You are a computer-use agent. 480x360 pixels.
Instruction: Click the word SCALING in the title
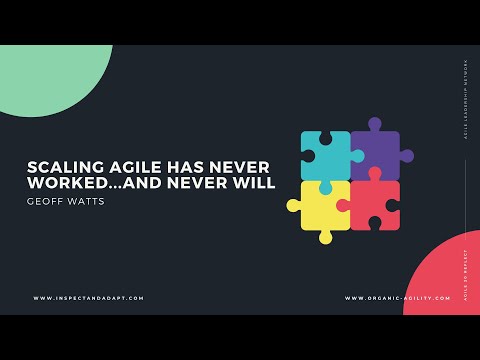61,167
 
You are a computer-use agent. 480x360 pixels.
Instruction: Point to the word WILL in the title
255,184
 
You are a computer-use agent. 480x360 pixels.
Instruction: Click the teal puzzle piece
326,155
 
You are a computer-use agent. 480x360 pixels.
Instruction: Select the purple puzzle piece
375,155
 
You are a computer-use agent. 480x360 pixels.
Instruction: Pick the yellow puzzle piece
326,206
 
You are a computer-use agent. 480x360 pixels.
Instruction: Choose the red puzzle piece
375,206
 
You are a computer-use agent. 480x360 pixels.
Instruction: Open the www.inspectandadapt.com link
88,298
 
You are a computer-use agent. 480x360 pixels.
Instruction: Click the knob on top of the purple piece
375,125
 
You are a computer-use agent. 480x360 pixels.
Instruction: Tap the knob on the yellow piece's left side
294,206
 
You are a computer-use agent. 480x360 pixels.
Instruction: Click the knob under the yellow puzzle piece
326,238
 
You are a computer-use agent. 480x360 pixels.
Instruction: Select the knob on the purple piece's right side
406,156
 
